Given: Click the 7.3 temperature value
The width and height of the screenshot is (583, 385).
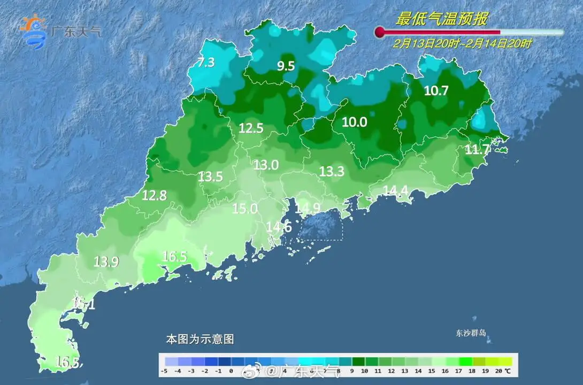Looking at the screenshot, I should (206, 63).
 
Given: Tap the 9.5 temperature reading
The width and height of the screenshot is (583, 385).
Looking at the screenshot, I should (286, 66).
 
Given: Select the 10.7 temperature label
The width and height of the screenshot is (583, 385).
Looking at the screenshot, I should (436, 91).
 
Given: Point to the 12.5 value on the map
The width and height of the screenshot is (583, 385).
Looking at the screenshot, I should (251, 128).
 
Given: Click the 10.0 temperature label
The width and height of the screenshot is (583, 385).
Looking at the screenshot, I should (354, 122).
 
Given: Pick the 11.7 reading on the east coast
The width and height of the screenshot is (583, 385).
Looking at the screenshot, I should (477, 150).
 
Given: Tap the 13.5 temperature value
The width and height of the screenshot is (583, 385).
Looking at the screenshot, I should (210, 176).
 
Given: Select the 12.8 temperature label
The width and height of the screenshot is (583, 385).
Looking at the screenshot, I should (154, 196).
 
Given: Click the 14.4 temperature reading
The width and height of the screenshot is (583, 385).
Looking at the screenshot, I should (396, 190).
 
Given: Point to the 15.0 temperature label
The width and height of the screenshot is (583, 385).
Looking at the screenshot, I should (244, 209).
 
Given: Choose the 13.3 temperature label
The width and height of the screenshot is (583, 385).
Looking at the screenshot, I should (332, 171).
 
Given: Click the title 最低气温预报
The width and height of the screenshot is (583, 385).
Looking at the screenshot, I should (441, 19).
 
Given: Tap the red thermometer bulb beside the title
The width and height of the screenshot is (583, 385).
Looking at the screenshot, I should (380, 33).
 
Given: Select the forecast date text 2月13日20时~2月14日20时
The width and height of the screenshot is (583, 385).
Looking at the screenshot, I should (462, 44).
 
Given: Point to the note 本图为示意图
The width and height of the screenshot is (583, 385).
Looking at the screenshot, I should (200, 339).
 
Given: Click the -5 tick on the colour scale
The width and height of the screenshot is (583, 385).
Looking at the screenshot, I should (166, 371).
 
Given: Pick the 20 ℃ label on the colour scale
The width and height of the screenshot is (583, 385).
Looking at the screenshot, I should (503, 371).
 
